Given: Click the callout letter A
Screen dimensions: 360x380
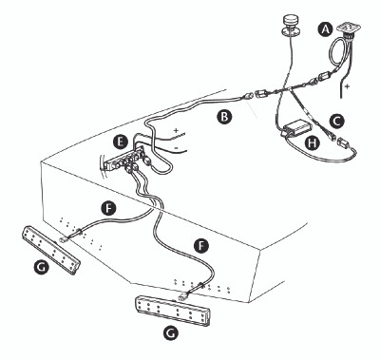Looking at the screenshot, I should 325,29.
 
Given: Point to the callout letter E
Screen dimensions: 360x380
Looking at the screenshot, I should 119,141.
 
